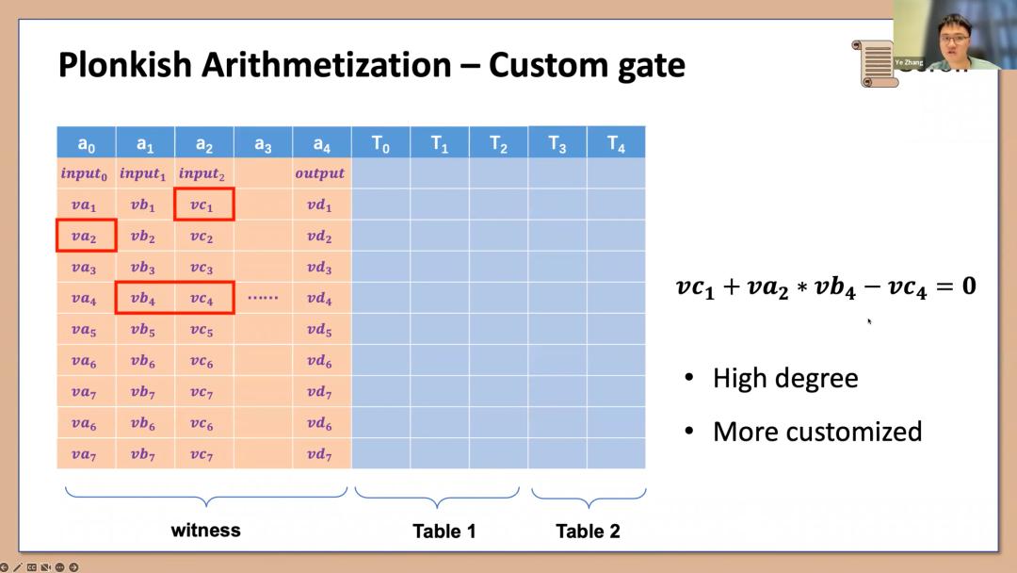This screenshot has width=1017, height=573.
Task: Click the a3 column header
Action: point(263,142)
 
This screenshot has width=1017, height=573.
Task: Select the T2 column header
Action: point(498,142)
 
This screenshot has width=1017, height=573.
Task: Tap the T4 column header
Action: point(616,142)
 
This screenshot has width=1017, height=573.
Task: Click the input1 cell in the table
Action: point(143,174)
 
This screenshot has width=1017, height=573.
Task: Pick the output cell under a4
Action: point(320,173)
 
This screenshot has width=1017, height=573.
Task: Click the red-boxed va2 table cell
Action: point(86,236)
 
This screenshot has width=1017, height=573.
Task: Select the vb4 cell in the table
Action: point(143,299)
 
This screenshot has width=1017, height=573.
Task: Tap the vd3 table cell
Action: point(319,267)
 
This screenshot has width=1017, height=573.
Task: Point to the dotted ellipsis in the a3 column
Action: point(263,297)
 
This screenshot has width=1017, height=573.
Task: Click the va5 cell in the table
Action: point(84,330)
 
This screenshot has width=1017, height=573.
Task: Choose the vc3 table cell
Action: point(202,267)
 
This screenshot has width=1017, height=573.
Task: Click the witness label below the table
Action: point(205,531)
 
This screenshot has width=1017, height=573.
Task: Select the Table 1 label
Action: point(444,531)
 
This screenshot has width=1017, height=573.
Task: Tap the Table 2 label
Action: point(588,531)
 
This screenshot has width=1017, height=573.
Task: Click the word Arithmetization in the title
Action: point(326,65)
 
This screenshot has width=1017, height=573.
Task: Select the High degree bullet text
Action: point(785,378)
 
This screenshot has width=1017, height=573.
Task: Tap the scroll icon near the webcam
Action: point(875,63)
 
